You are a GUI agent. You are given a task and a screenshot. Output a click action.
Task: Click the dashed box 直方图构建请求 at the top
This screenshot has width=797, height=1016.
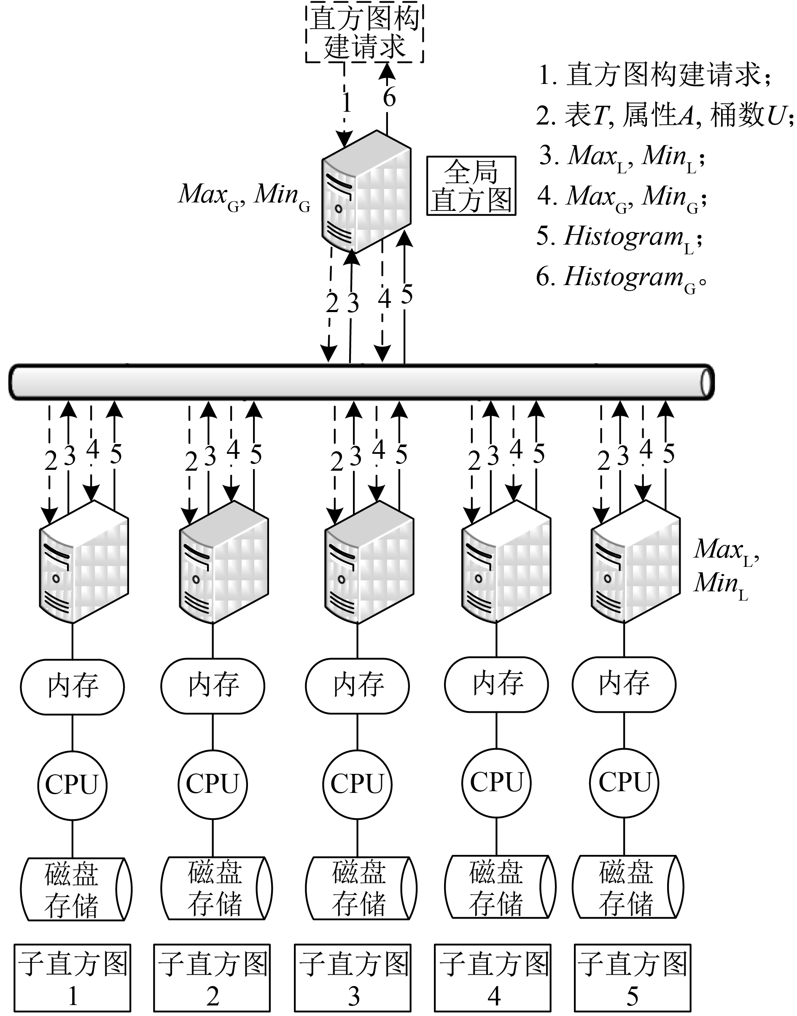click(364, 32)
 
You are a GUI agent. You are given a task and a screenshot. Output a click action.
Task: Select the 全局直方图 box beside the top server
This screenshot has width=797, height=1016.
click(471, 186)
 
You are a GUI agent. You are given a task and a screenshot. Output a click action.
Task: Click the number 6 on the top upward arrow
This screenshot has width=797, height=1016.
click(389, 97)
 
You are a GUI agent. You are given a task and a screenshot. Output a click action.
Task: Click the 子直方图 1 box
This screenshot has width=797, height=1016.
click(73, 977)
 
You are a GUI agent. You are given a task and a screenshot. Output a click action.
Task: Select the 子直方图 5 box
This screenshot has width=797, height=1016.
click(632, 977)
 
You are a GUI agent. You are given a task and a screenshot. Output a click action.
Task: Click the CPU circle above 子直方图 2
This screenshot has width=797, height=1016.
click(213, 784)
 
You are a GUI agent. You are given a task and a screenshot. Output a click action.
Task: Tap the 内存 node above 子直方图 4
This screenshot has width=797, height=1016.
click(496, 685)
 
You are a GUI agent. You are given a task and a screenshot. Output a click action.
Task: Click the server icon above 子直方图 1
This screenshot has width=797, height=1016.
click(84, 562)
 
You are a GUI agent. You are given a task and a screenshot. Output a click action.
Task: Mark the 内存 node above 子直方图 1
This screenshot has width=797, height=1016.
click(73, 687)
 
